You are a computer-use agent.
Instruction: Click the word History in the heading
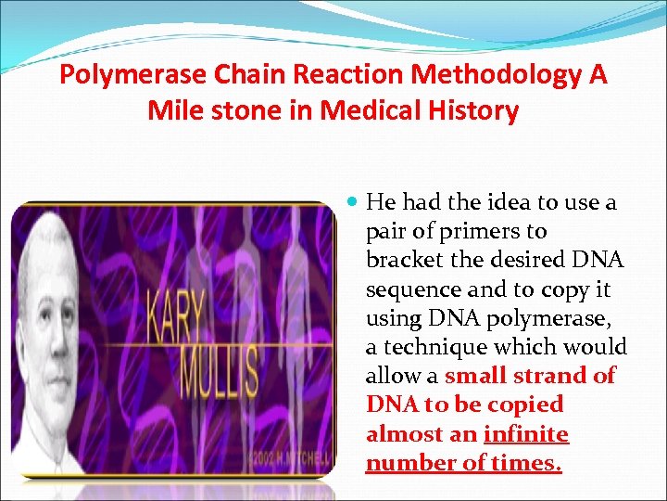click(x=473, y=111)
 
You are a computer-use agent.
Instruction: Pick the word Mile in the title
click(x=172, y=111)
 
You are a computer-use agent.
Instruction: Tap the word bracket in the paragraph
click(x=404, y=260)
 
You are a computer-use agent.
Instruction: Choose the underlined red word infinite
click(x=526, y=434)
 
